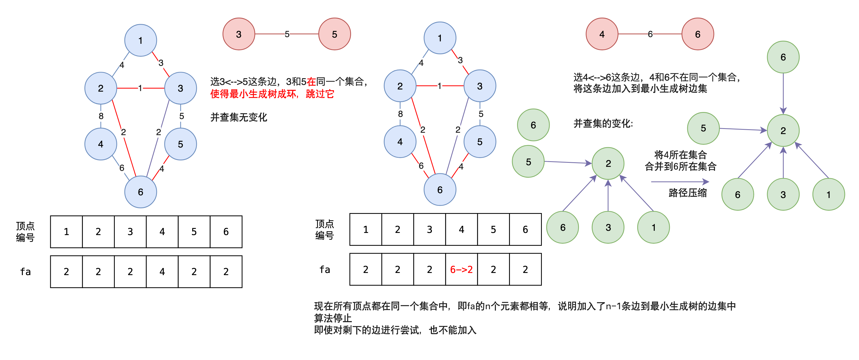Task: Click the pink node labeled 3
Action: pos(239,34)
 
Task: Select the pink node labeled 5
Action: pos(334,34)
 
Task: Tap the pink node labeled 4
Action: pos(602,34)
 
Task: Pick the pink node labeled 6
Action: pos(698,34)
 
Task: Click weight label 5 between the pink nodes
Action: pos(287,34)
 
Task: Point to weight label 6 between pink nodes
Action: pos(650,34)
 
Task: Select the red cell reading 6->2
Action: pos(461,269)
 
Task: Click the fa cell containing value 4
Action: pos(162,272)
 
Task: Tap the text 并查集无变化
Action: pos(238,117)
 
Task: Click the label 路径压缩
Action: pos(688,193)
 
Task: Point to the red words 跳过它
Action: pos(320,94)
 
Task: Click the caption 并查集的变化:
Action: pos(603,124)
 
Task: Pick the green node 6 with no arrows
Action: pos(533,125)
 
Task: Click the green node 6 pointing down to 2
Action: pos(783,57)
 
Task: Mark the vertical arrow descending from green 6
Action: pos(783,93)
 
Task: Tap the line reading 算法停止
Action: pos(333,318)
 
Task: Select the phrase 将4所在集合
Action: pos(680,155)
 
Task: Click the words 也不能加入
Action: pos(453,330)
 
